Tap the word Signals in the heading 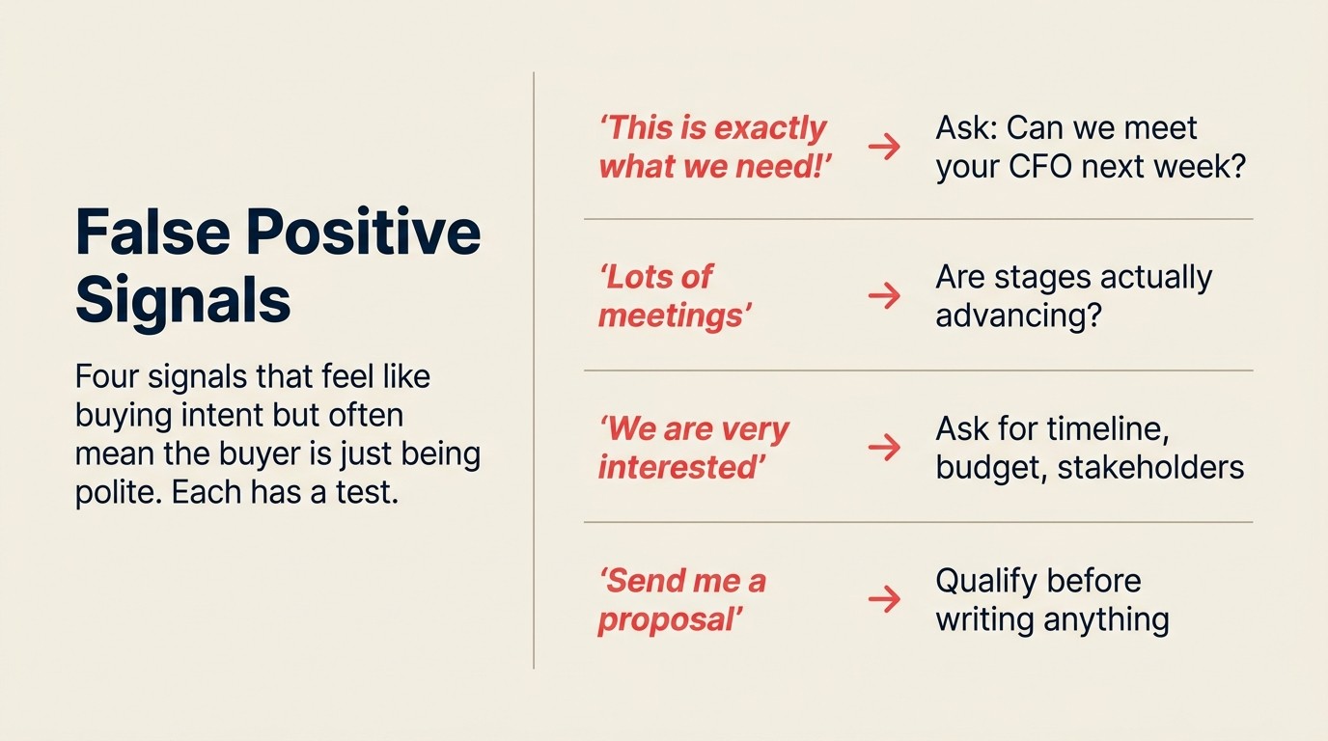point(182,299)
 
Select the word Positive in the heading point(363,232)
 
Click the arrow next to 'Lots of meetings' point(883,296)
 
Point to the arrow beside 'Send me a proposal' point(883,600)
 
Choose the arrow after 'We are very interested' point(883,448)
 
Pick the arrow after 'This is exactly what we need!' point(883,146)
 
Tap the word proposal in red point(670,619)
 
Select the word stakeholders point(1150,468)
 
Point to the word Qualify point(989,582)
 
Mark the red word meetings point(674,316)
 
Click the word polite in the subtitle point(108,492)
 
